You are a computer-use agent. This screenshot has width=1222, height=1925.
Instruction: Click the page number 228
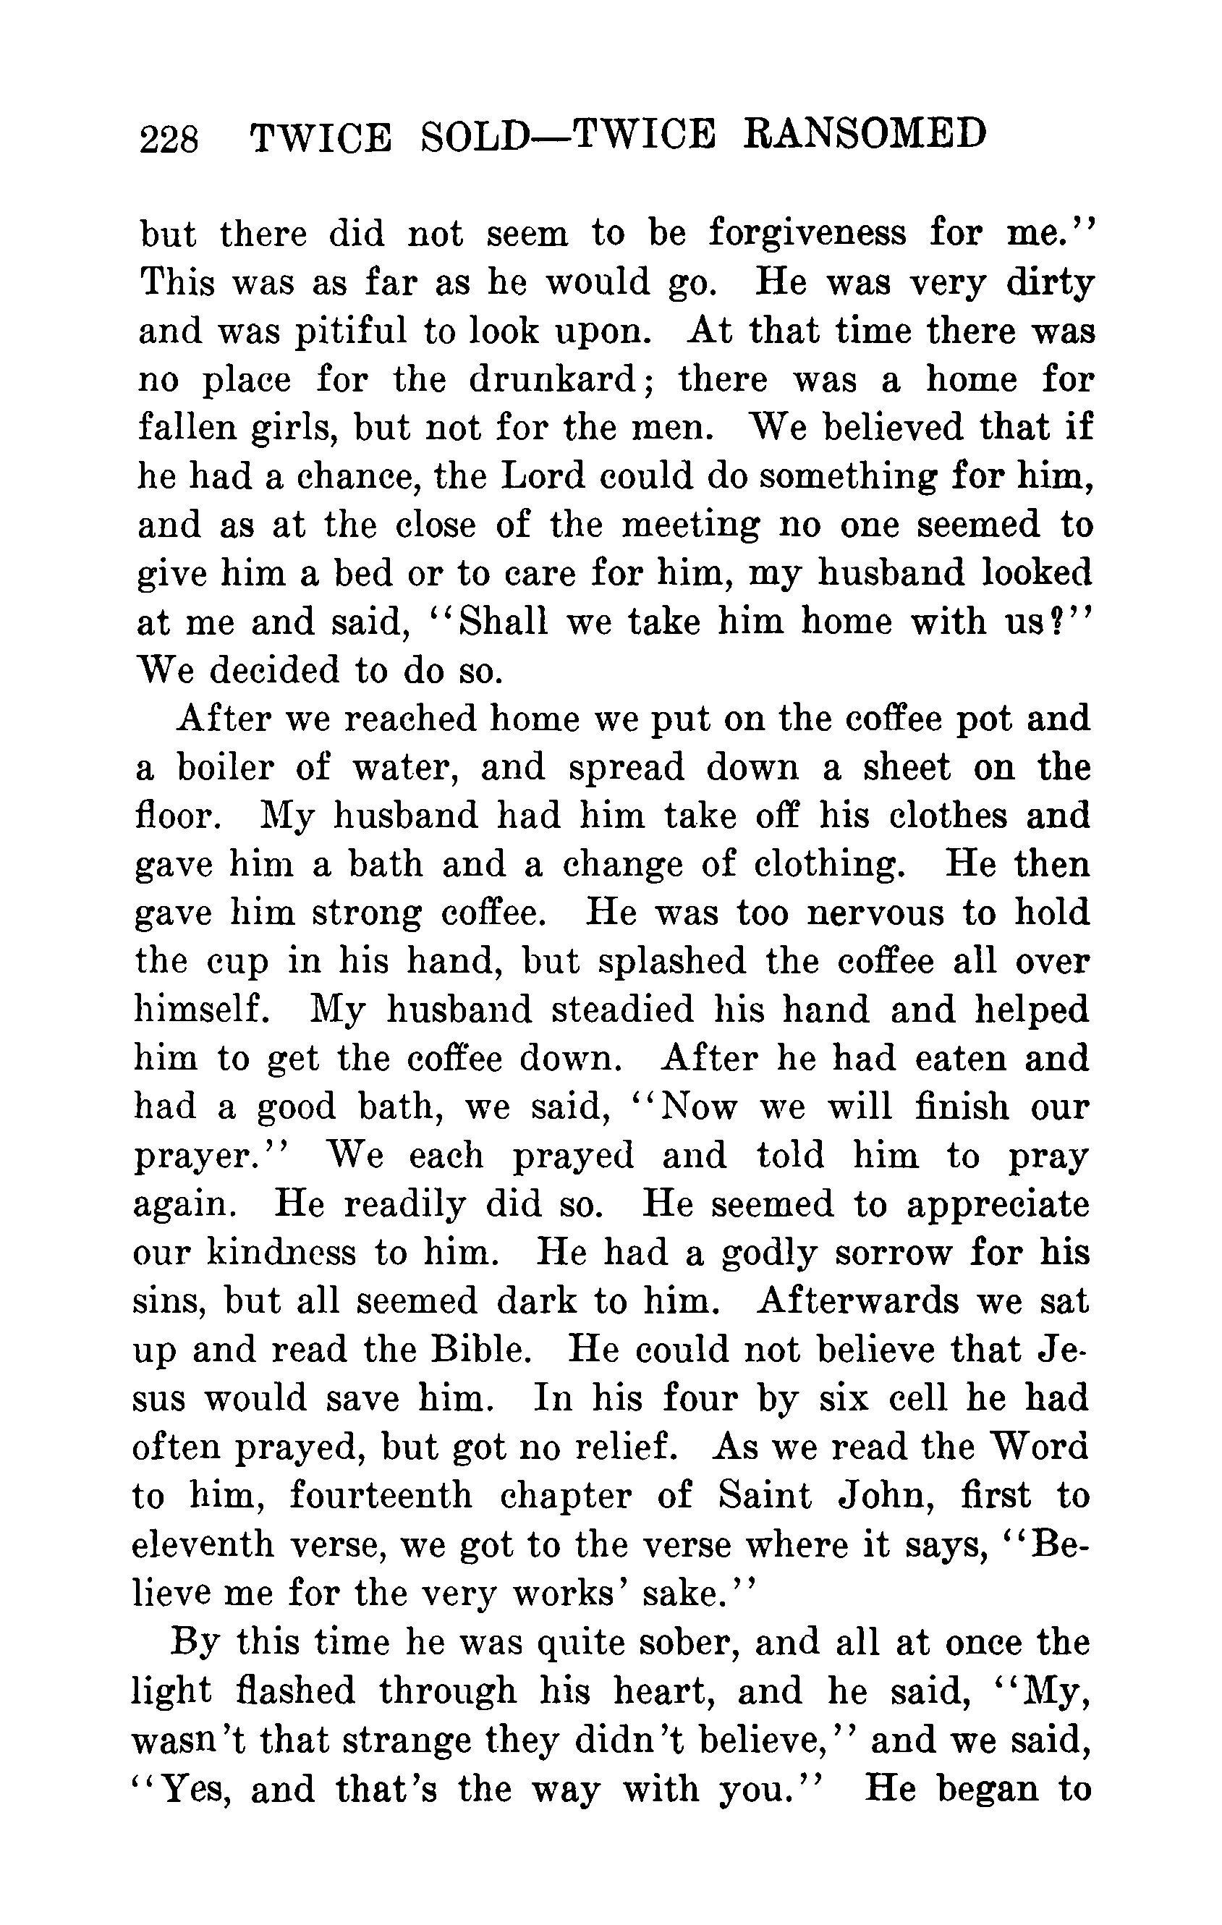[169, 139]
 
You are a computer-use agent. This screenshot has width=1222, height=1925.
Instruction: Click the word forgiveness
[807, 234]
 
